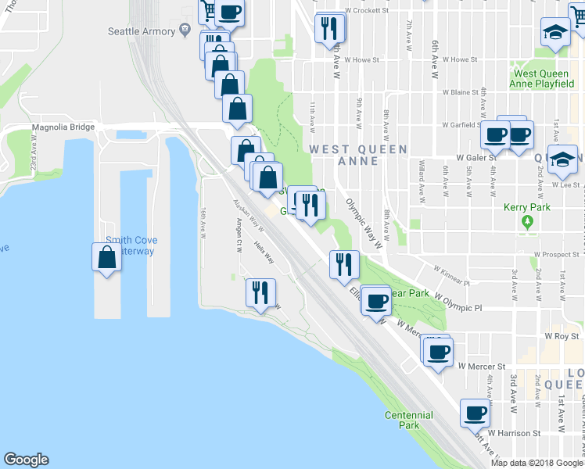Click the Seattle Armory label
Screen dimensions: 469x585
142,31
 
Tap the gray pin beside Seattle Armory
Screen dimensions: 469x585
185,30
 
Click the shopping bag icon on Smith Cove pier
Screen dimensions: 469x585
107,256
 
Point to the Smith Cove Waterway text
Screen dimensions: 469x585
130,245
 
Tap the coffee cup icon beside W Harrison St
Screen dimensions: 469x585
474,412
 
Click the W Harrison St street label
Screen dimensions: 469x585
514,432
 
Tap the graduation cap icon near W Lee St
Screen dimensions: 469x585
562,160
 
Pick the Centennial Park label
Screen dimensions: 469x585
408,420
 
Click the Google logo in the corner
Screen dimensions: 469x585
26,460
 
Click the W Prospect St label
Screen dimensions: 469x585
559,255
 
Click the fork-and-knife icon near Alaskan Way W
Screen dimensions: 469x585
260,292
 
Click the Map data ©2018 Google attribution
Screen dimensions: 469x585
537,463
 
